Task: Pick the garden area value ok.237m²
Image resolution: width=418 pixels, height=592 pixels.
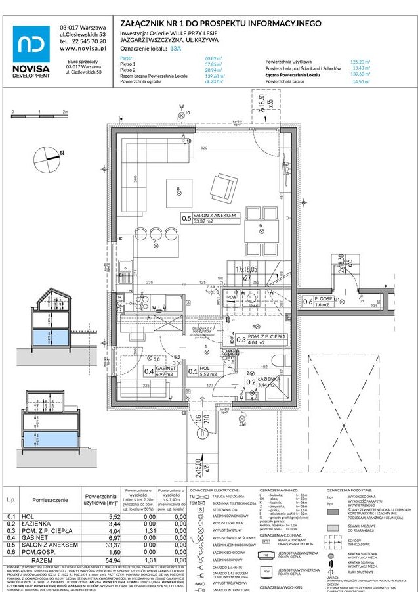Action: (x=214, y=81)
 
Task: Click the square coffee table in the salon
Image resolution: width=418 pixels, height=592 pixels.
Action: (x=179, y=191)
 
